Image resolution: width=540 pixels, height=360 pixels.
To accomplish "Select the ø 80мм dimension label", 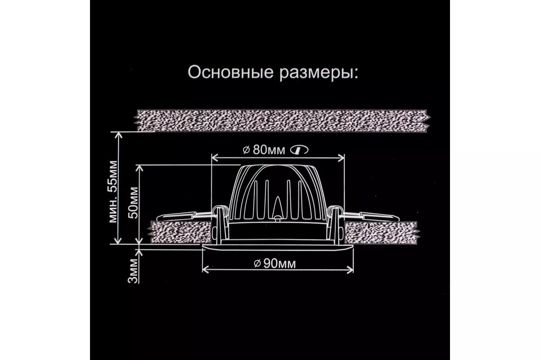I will (263, 150).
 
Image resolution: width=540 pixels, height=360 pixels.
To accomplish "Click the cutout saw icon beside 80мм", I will (300, 150).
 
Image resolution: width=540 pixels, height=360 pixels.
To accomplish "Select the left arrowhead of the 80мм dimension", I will (215, 158).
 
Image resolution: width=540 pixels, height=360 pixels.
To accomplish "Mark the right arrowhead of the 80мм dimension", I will (342, 158).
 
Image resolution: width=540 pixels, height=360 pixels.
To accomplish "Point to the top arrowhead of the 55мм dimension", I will (119, 134).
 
